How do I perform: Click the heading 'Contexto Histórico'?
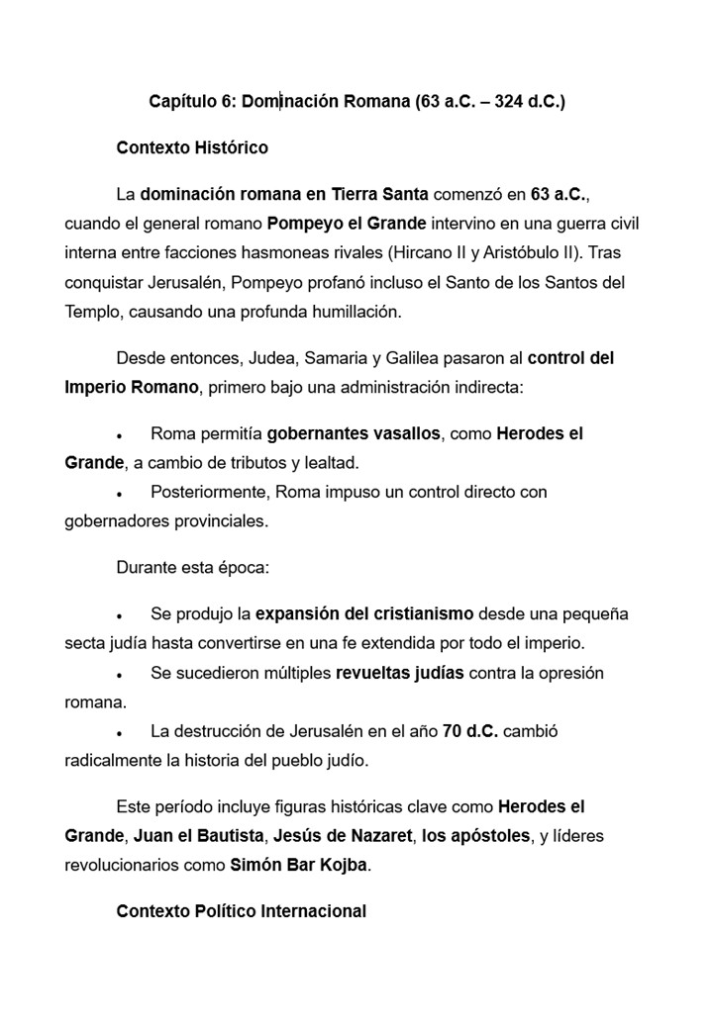tap(192, 148)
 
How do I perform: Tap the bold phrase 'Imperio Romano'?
tap(132, 387)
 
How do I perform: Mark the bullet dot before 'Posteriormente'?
tap(119, 493)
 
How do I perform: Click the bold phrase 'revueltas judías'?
tap(400, 673)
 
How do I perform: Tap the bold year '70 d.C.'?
tap(469, 732)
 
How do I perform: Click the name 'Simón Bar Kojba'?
tap(298, 865)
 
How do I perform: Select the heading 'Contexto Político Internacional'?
tap(241, 910)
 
